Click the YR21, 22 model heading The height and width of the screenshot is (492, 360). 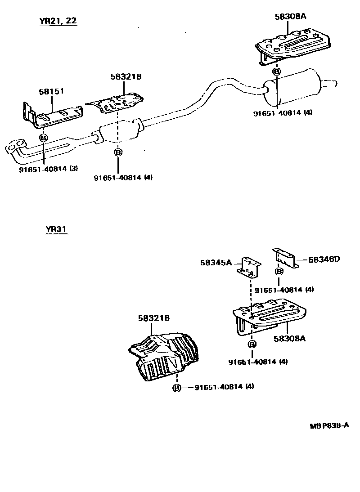[x=58, y=21]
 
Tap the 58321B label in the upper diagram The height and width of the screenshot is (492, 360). [x=126, y=77]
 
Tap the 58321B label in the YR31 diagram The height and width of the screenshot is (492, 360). [x=153, y=318]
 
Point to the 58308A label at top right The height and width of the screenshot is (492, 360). [x=290, y=17]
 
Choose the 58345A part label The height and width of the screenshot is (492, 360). [x=216, y=262]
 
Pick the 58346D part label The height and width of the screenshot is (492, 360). [x=324, y=259]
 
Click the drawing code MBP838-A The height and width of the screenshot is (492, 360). [x=329, y=426]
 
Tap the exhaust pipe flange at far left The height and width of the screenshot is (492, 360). [x=14, y=147]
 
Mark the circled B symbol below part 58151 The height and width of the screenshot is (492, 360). [x=43, y=138]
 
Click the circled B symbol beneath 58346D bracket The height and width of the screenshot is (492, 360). [x=279, y=272]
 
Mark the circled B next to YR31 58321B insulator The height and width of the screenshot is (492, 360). [x=177, y=388]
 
